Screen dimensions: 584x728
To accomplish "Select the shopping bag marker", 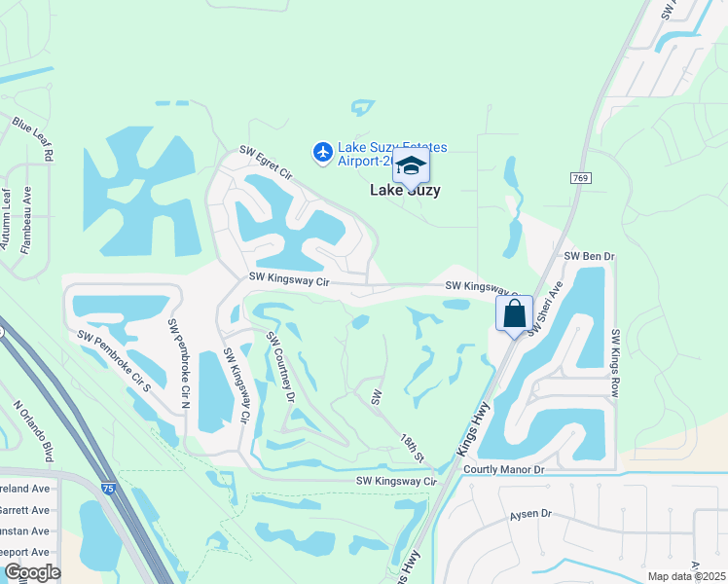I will (514, 313).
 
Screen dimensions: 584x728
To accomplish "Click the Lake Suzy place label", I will (405, 191).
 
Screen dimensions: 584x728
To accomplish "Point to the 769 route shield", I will (581, 178).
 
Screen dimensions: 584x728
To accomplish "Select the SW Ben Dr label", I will (591, 256).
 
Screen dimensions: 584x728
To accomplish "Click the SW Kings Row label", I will (616, 363).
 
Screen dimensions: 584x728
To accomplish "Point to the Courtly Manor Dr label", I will (503, 469).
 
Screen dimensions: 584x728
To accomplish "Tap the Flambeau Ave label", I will (27, 220).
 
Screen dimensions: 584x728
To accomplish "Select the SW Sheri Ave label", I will (546, 310).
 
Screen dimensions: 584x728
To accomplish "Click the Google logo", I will (32, 572).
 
